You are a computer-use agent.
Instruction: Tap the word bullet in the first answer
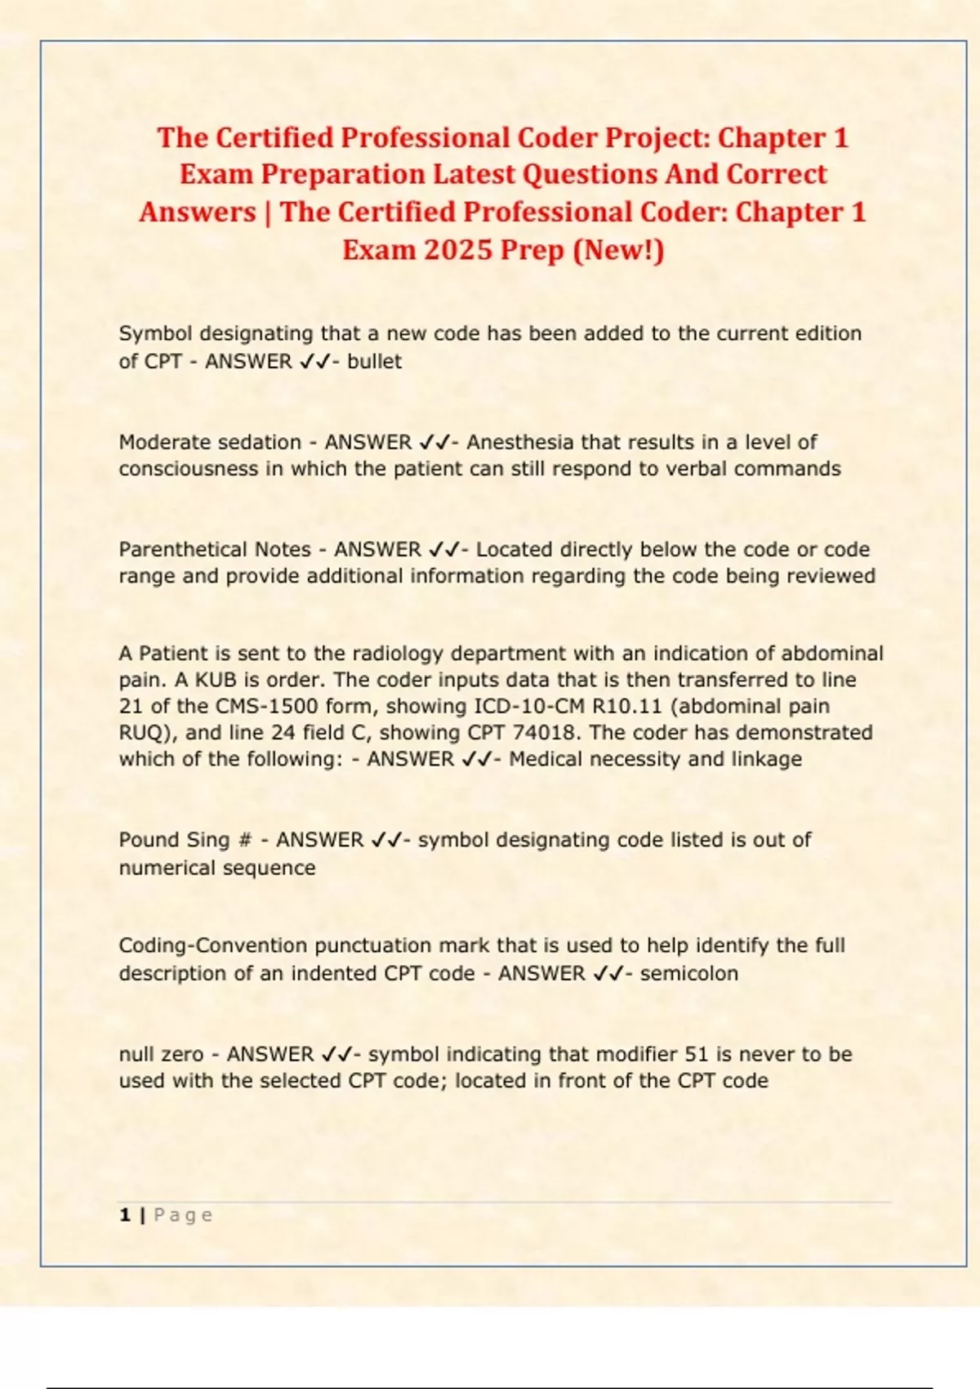(374, 361)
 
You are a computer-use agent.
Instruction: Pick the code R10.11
(627, 706)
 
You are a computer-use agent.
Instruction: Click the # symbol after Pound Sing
(245, 840)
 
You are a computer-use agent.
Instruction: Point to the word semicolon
(689, 973)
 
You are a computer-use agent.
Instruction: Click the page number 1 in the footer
(125, 1215)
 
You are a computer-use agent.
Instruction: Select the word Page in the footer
(183, 1215)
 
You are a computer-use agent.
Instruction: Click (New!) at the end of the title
(619, 249)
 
